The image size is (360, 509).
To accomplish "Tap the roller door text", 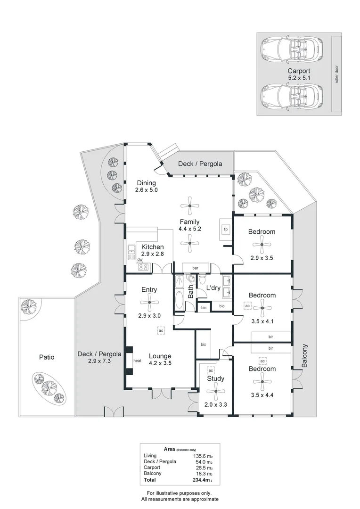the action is pos(337,74).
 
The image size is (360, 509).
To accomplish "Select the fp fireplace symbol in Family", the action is pos(226,230).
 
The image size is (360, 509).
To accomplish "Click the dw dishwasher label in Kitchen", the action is pos(140,260).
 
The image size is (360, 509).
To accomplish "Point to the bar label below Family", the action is pos(194,267).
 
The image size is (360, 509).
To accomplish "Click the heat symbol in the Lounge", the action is pos(138,361).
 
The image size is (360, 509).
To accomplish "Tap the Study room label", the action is pos(215,378).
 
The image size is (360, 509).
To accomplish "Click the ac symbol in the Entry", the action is pos(161,330).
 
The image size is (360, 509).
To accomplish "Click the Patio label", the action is pos(46,357).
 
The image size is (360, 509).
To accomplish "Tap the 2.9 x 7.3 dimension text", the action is pos(99,361).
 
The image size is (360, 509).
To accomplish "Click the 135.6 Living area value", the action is pos(201,456).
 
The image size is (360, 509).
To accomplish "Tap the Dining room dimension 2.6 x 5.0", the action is pos(146,190).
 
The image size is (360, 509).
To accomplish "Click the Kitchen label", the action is pos(152,247).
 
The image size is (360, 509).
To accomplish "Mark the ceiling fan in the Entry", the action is pos(149,303).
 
